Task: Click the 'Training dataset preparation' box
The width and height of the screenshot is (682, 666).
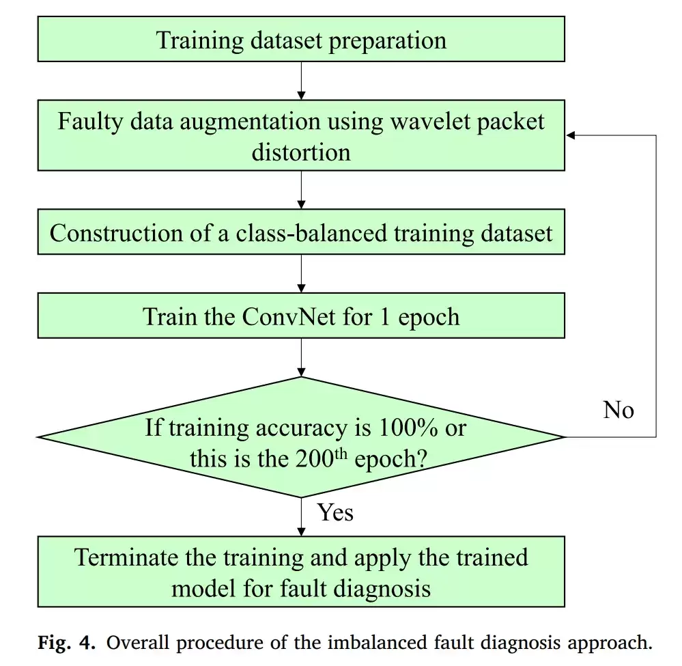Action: pyautogui.click(x=301, y=39)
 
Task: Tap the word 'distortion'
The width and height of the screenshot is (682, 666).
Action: pyautogui.click(x=301, y=152)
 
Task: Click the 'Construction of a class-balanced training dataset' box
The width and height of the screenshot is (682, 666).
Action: pyautogui.click(x=301, y=232)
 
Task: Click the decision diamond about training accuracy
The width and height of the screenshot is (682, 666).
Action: pyautogui.click(x=301, y=437)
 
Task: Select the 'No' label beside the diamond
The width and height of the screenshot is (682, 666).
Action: pyautogui.click(x=619, y=410)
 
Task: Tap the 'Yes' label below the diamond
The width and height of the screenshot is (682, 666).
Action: pyautogui.click(x=335, y=512)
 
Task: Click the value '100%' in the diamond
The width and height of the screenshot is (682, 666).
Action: pyautogui.click(x=408, y=428)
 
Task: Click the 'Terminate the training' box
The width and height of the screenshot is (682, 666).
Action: pyautogui.click(x=301, y=572)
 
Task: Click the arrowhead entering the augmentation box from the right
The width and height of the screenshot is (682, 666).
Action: pyautogui.click(x=570, y=135)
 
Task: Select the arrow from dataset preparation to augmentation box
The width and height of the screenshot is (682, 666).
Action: pyautogui.click(x=301, y=81)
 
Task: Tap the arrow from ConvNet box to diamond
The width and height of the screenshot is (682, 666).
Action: pyautogui.click(x=301, y=357)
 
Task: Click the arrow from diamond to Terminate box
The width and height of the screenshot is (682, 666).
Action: pyautogui.click(x=301, y=517)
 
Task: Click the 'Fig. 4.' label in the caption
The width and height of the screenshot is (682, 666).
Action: pyautogui.click(x=66, y=643)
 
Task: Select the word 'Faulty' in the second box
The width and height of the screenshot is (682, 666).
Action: pyautogui.click(x=91, y=122)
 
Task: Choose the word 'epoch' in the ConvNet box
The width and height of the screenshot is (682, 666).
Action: pyautogui.click(x=429, y=318)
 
